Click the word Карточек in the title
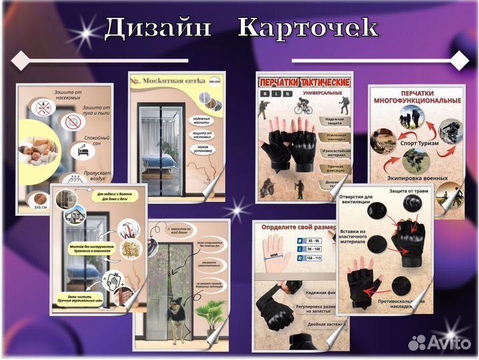pyautogui.click(x=308, y=27)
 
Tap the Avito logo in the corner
pyautogui.click(x=436, y=341)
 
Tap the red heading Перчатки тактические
pyautogui.click(x=304, y=81)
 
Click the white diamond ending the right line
pyautogui.click(x=459, y=61)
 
